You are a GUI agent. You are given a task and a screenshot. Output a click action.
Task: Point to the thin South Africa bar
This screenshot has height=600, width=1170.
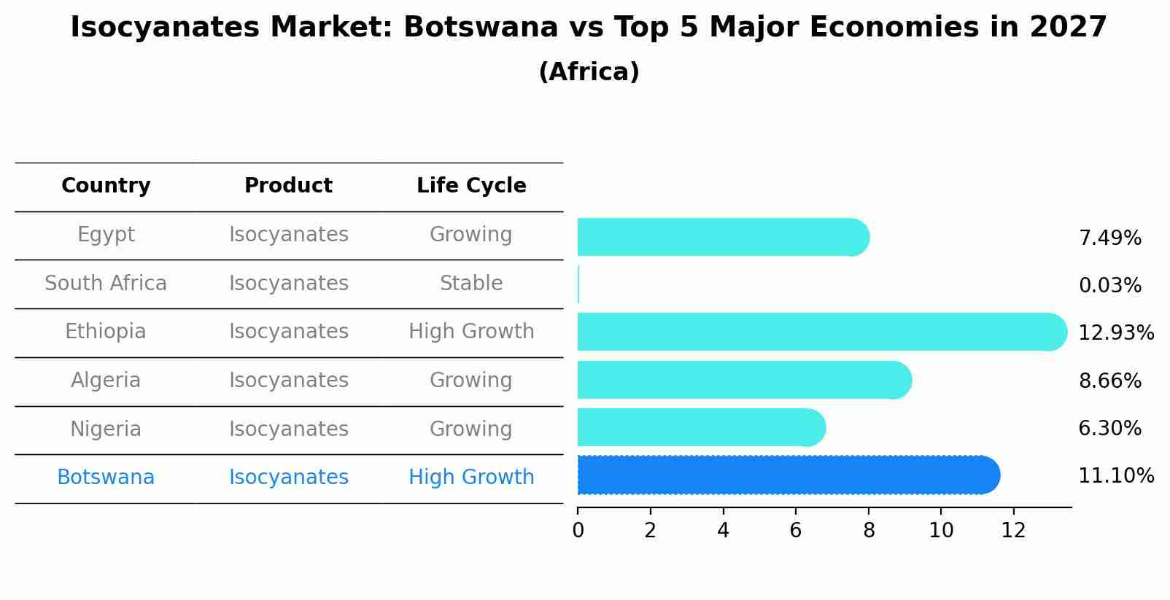pos(578,284)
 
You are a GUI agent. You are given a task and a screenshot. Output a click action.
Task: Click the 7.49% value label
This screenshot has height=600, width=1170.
pos(1109,238)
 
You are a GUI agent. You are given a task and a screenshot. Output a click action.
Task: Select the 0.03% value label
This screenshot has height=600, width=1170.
pos(1109,285)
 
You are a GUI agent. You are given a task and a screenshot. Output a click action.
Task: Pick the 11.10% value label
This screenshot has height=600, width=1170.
pos(1115,476)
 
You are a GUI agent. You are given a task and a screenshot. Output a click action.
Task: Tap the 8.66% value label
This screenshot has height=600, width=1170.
pos(1109,381)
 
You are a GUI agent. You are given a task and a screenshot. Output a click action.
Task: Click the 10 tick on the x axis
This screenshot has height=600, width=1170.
pos(941,531)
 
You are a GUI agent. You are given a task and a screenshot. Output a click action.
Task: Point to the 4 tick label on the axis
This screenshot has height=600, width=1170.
pos(723,531)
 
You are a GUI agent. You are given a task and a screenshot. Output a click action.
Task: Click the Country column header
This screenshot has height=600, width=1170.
pos(106,186)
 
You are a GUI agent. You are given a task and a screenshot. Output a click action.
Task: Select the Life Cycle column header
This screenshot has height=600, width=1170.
pos(471,186)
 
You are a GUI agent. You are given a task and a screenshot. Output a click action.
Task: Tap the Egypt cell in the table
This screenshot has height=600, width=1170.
pos(106,235)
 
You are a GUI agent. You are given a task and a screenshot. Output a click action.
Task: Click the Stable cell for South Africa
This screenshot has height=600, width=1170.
pos(471,284)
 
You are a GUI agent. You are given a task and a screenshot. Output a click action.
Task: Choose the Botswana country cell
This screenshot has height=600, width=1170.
pos(106,478)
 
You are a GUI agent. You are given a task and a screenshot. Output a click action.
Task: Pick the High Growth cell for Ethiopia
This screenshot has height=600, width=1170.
pos(471,332)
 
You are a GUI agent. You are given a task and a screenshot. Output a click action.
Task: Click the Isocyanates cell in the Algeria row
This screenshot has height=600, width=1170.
pos(289,381)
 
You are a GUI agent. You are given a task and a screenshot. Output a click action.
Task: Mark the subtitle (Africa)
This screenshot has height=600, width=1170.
pos(589,72)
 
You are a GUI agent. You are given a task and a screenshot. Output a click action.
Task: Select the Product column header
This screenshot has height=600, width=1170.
pos(288,186)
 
